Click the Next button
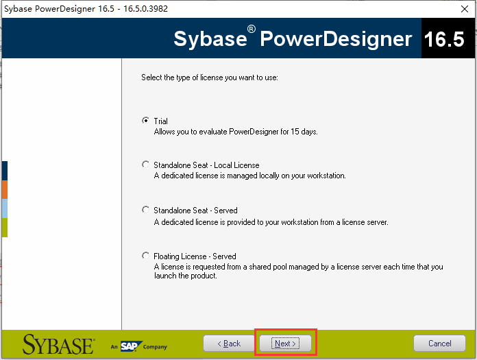(285, 343)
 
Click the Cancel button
(439, 343)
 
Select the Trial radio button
(145, 121)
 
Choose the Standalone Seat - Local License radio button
(145, 165)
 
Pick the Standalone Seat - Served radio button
(145, 210)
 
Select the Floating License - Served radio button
(145, 256)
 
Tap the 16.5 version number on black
(444, 39)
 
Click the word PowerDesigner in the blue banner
(337, 38)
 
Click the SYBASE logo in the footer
(58, 344)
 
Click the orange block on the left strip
(4, 189)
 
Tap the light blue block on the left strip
(4, 208)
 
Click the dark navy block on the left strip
(4, 170)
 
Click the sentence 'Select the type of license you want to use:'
(209, 77)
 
